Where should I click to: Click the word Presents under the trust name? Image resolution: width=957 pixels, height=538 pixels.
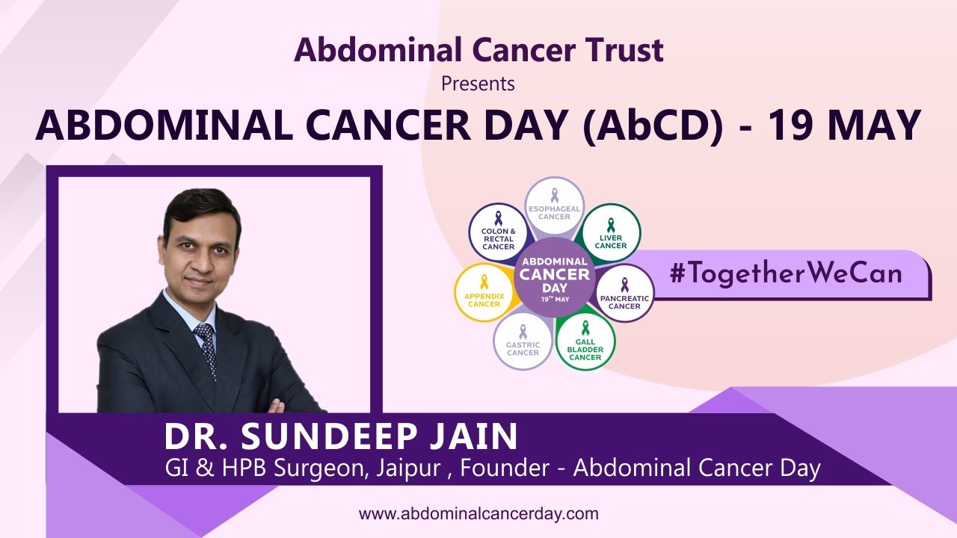point(478,83)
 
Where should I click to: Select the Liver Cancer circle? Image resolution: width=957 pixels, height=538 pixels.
point(611,232)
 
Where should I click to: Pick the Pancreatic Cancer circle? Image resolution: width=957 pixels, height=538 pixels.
point(624,293)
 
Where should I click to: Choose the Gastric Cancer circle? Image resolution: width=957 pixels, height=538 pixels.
point(523,341)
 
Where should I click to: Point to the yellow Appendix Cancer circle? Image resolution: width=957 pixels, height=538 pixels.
point(484,292)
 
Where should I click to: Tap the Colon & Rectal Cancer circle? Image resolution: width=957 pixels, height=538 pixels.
point(498,232)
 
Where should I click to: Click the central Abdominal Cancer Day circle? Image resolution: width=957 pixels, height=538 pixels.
point(554,274)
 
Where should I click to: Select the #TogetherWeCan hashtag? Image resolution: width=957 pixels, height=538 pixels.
point(785,273)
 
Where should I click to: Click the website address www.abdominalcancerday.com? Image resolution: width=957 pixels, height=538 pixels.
point(478,514)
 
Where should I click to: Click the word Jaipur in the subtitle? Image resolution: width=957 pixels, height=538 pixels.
point(413,469)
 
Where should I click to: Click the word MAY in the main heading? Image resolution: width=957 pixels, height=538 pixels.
point(874,125)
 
